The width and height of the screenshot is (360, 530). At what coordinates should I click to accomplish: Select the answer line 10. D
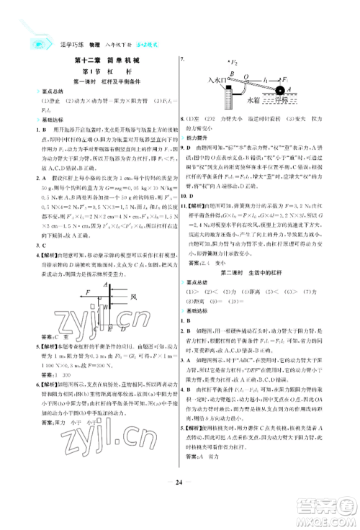point(191,195)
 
